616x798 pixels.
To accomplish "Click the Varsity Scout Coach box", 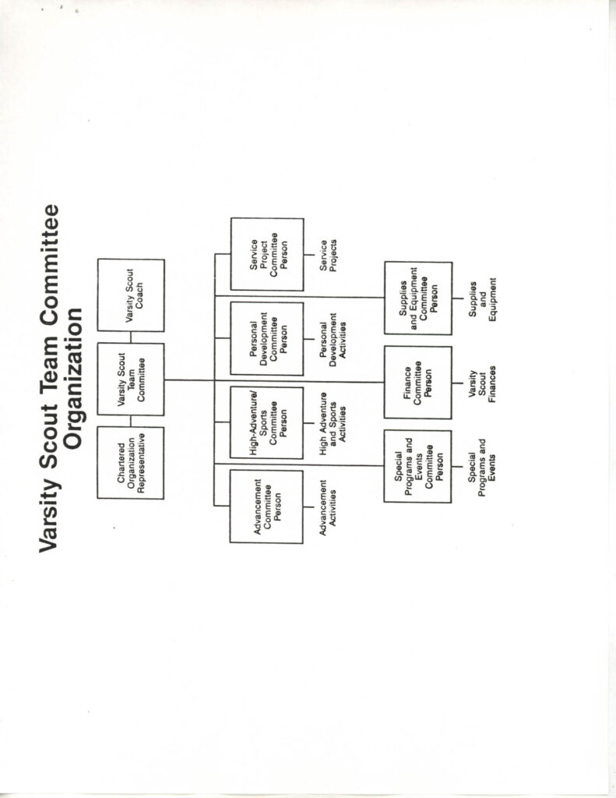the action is [131, 295].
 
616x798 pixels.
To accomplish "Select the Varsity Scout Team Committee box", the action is [131, 380].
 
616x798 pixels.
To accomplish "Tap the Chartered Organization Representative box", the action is [131, 463].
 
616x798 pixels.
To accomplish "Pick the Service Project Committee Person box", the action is [267, 255].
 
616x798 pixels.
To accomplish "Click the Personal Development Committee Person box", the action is [267, 339].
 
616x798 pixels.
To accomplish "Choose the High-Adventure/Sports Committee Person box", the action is [266, 423].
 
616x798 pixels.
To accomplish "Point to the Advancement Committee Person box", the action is [266, 507].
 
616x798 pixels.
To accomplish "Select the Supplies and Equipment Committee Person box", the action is [418, 298].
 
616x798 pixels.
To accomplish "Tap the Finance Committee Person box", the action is [418, 383].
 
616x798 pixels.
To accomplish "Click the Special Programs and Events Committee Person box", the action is [417, 467].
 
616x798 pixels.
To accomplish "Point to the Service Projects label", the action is [329, 256].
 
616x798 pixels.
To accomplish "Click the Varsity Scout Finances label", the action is [482, 383].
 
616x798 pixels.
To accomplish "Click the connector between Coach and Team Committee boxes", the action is [131, 337].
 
